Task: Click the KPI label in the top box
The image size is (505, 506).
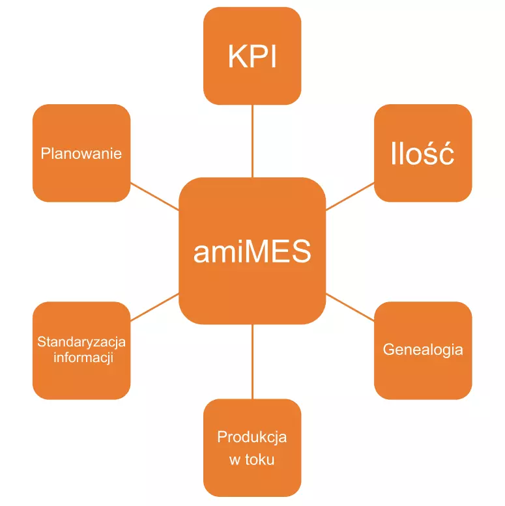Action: click(x=252, y=57)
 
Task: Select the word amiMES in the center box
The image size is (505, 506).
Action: click(x=252, y=251)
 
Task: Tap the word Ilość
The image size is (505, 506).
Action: click(x=422, y=155)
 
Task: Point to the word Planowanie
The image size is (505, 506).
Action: click(x=81, y=154)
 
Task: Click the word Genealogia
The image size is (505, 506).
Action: click(x=423, y=350)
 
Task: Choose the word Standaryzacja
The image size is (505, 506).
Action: click(x=81, y=342)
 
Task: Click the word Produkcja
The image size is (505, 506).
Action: click(x=252, y=437)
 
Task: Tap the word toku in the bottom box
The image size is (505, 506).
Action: click(x=260, y=460)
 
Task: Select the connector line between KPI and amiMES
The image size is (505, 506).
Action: click(x=252, y=141)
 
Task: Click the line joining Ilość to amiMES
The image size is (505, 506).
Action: click(x=350, y=196)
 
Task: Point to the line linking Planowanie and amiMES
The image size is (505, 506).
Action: click(x=154, y=196)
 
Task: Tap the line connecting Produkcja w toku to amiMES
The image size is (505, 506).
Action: click(x=252, y=361)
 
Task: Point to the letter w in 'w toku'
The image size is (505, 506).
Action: click(x=235, y=460)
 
